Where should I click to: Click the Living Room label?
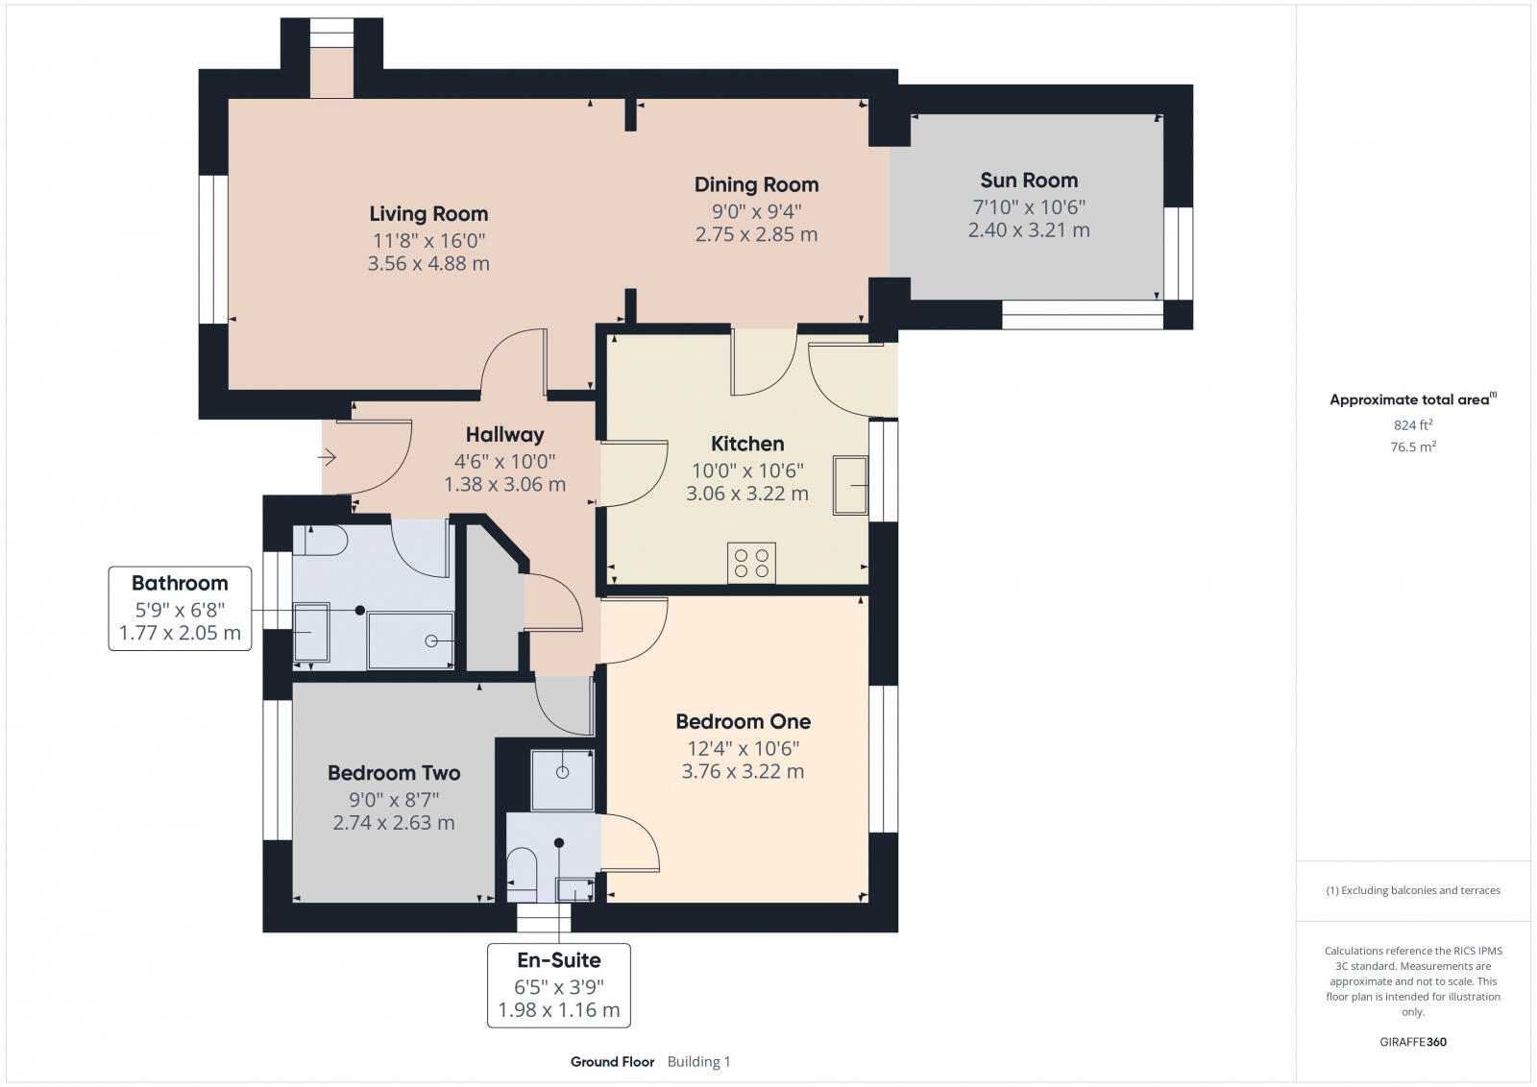pos(428,214)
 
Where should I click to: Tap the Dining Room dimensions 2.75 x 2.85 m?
pos(756,234)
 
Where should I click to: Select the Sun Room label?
pos(1029,181)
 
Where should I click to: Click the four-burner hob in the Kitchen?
pos(751,563)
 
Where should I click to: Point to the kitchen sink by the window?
pos(849,485)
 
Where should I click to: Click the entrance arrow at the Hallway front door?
pos(328,458)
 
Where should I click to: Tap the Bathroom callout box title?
pos(180,583)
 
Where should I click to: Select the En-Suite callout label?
pos(558,960)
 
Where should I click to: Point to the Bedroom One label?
pos(743,721)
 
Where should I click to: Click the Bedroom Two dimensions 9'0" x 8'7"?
pos(394,799)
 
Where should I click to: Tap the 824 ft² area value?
pos(1412,424)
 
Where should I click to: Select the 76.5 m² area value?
pos(1412,447)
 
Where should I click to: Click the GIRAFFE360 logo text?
pos(1412,1042)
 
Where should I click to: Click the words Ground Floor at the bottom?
pos(612,1061)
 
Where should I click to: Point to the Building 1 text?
pos(698,1061)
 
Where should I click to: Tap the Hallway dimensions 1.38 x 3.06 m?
pos(504,485)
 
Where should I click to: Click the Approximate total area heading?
pos(1410,399)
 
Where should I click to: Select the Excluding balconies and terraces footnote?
pos(1413,890)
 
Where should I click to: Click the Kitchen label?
pos(747,444)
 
